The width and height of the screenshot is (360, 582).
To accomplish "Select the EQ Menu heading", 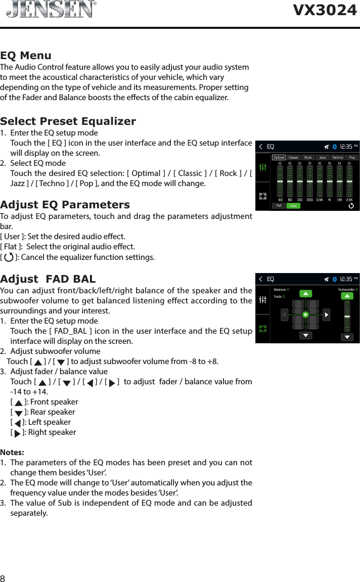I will point(26,55).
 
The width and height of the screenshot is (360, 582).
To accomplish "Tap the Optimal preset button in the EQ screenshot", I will point(279,157).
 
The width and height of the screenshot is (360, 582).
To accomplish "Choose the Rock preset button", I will point(308,157).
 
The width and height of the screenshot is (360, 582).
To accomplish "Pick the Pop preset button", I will point(352,157).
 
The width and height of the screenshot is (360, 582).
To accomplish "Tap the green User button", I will point(293,205).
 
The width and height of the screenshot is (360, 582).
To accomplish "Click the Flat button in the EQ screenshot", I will point(279,205).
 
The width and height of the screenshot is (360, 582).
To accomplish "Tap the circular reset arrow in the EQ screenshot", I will point(351,205).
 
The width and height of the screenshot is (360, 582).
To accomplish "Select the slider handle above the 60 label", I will point(280,181).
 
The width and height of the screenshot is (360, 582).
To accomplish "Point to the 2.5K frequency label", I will point(349,199).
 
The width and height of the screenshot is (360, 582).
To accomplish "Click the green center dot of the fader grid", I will point(305,315).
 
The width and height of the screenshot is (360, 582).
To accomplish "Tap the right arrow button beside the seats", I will point(326,315).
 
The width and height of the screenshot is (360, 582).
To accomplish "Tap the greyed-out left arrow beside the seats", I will point(285,315).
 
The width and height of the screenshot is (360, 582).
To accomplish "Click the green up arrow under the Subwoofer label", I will point(347,296).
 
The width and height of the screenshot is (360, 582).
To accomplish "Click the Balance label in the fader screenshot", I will point(280,290).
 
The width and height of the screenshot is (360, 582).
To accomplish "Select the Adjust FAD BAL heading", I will point(48,279).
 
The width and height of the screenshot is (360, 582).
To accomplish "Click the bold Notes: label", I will point(12,452).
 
